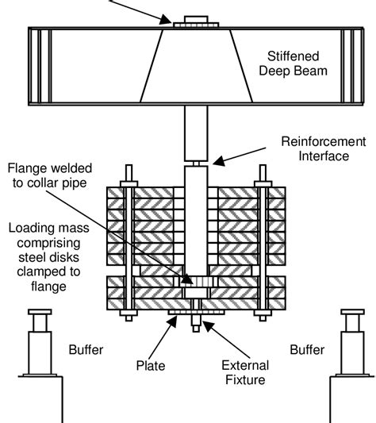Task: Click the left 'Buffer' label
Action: (x=86, y=348)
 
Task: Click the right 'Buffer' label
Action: (x=306, y=348)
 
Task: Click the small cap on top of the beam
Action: (x=194, y=18)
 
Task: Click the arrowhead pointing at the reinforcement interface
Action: (x=217, y=163)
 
